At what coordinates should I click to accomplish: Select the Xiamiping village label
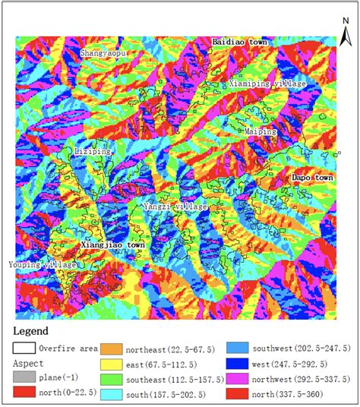267,84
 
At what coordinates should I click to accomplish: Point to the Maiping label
261,131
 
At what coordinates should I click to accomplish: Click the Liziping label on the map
93,151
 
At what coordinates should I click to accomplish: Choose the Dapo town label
313,178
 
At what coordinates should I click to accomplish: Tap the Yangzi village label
175,206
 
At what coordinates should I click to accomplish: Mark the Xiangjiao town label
112,246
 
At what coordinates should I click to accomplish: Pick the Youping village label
43,264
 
